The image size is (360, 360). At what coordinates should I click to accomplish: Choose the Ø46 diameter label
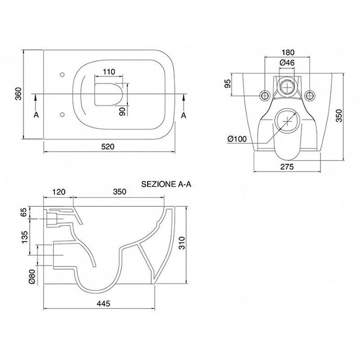pos(287,63)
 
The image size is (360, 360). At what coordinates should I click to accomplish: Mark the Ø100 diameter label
pos(237,139)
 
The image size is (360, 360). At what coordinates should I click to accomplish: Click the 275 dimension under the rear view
pos(287,167)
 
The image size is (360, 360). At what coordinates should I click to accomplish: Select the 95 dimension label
pos(227,84)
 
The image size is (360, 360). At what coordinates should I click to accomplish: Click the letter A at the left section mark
pos(36,115)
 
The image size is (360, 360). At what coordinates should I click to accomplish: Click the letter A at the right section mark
pos(184,115)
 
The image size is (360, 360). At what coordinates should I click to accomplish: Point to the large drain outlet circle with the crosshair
pos(287,120)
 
